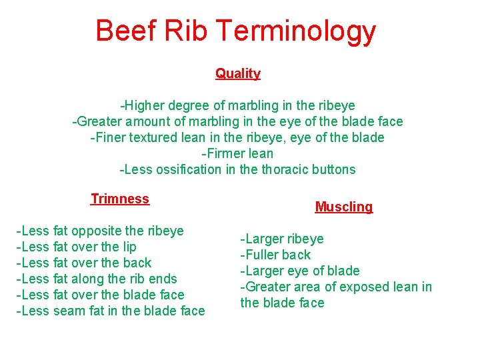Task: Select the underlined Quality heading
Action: pos(237,73)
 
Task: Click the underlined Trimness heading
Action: pos(120,199)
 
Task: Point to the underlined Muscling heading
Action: pos(344,207)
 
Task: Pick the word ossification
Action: pos(189,169)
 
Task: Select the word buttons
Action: pos(335,169)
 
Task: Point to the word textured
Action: pos(155,137)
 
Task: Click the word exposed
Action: pos(366,287)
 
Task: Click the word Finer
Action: pos(109,137)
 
